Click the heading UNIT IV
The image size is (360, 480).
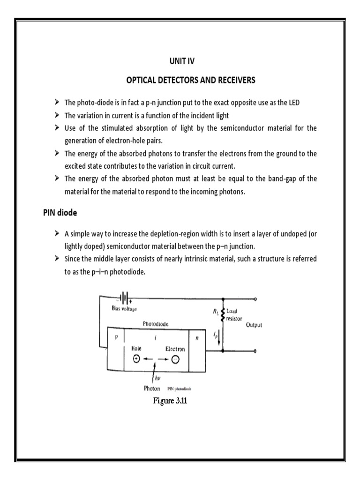point(191,61)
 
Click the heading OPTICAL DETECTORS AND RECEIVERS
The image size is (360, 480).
point(191,80)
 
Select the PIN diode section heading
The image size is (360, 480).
point(57,212)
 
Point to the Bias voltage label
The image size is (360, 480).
point(124,308)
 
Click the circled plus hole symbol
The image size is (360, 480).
point(136,359)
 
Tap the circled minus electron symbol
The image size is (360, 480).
point(174,359)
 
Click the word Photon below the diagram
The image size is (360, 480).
point(153,389)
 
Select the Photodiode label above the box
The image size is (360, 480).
point(156,323)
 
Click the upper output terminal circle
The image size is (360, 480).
point(255,298)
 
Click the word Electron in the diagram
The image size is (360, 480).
point(174,349)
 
